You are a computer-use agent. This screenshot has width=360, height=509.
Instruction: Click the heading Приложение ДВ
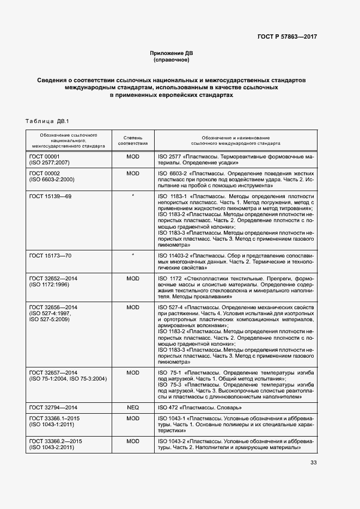(172, 53)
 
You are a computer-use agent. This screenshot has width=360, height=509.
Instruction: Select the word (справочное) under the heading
(172, 60)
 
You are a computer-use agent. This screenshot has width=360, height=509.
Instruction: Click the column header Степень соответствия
(133, 142)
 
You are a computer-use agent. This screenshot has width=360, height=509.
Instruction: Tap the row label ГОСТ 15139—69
(50, 195)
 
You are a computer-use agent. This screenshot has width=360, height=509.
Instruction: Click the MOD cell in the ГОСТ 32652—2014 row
(133, 278)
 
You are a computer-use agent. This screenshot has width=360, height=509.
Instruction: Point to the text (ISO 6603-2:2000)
(52, 179)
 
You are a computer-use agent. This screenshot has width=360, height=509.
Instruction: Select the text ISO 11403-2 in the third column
(174, 255)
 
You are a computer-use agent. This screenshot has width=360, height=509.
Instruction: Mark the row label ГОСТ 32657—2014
(53, 372)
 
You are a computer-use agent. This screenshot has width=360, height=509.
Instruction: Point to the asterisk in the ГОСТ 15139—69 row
(133, 195)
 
